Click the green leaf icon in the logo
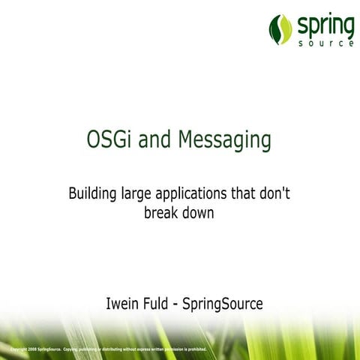[280, 29]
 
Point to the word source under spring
[324, 43]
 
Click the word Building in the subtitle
[92, 194]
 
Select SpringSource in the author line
[228, 305]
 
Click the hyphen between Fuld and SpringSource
[187, 305]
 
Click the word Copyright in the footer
[13, 349]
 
